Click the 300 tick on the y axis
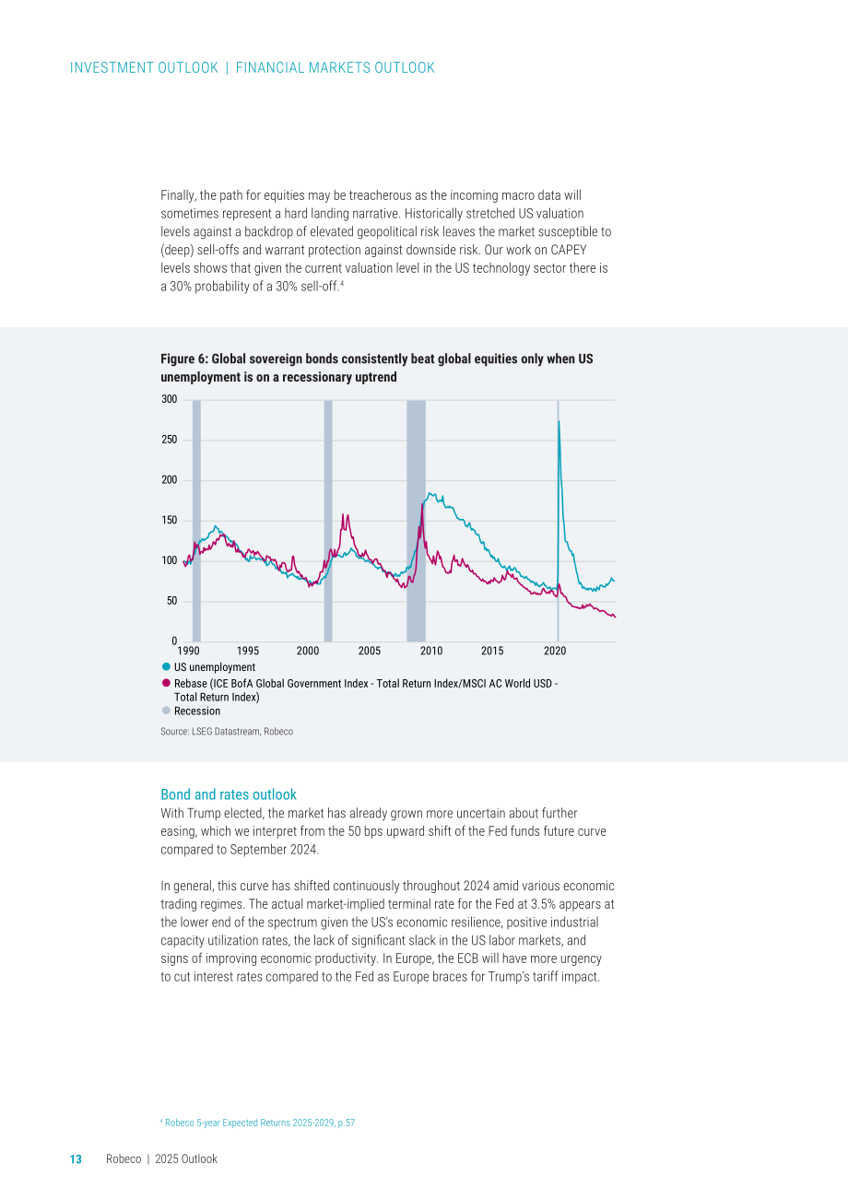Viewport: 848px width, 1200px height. tap(170, 399)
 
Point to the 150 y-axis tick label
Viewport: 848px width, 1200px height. tap(170, 520)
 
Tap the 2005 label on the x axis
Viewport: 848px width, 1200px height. tap(369, 651)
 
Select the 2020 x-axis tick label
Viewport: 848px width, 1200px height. tap(555, 651)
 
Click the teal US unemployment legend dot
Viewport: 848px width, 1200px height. tap(166, 667)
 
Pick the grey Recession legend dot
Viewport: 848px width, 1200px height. tap(166, 711)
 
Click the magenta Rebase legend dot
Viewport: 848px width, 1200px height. tap(166, 683)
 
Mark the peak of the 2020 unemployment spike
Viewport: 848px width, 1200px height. tap(559, 421)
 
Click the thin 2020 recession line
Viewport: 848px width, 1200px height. tap(558, 521)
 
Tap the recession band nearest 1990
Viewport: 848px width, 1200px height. tap(196, 521)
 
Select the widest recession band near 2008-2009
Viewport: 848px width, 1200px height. tap(417, 521)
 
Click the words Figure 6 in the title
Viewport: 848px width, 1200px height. tap(183, 359)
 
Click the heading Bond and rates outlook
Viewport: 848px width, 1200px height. tap(229, 794)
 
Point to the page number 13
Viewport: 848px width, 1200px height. tap(77, 1159)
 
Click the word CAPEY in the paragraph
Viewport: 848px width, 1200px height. tap(569, 250)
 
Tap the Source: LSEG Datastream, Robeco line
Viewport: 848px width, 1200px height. tap(227, 732)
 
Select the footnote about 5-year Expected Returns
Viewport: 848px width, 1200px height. tap(258, 1123)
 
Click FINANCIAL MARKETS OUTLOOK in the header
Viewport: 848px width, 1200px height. tap(336, 68)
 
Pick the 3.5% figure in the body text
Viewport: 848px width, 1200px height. tap(543, 904)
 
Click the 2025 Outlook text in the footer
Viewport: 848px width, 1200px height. tap(186, 1159)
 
